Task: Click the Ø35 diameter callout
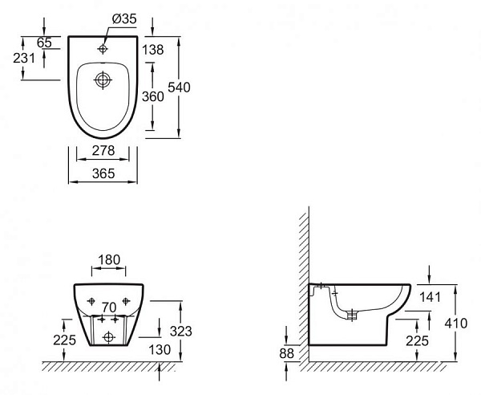coord(124,19)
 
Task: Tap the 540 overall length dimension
coord(179,88)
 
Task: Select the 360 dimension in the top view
coord(153,97)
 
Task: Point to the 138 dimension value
coord(153,50)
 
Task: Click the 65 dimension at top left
coord(44,43)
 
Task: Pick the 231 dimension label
coord(24,58)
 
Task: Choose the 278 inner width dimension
coord(103,150)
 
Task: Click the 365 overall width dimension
coord(103,174)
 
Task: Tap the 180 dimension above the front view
coord(109,260)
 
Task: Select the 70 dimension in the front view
coord(109,307)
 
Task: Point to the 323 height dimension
coord(181,332)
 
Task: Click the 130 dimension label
coord(160,349)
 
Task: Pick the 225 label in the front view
coord(64,340)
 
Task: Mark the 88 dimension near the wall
coord(286,354)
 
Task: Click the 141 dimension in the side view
coord(430,297)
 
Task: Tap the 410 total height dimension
coord(456,324)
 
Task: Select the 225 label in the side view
coord(417,341)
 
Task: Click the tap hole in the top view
coord(103,48)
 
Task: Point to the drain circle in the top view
coord(103,79)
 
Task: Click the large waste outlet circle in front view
coord(109,337)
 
